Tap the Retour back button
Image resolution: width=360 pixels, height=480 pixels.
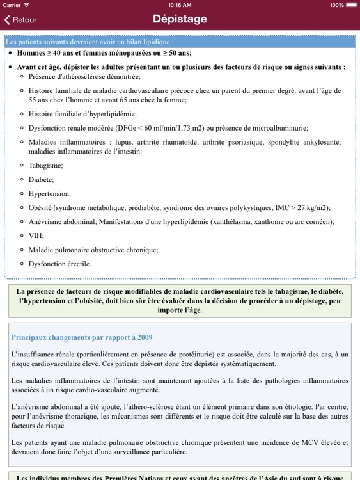tap(20, 20)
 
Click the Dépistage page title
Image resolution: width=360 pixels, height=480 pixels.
tap(180, 19)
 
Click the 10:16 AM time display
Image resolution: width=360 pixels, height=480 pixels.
tap(180, 4)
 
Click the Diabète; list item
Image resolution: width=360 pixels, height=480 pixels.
tap(42, 179)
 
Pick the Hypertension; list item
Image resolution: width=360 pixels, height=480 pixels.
tap(50, 193)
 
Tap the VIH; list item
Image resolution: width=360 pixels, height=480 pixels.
tap(36, 236)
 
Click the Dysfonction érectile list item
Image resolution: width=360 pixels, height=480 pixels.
tap(59, 264)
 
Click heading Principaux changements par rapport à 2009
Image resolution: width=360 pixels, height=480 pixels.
tap(82, 337)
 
